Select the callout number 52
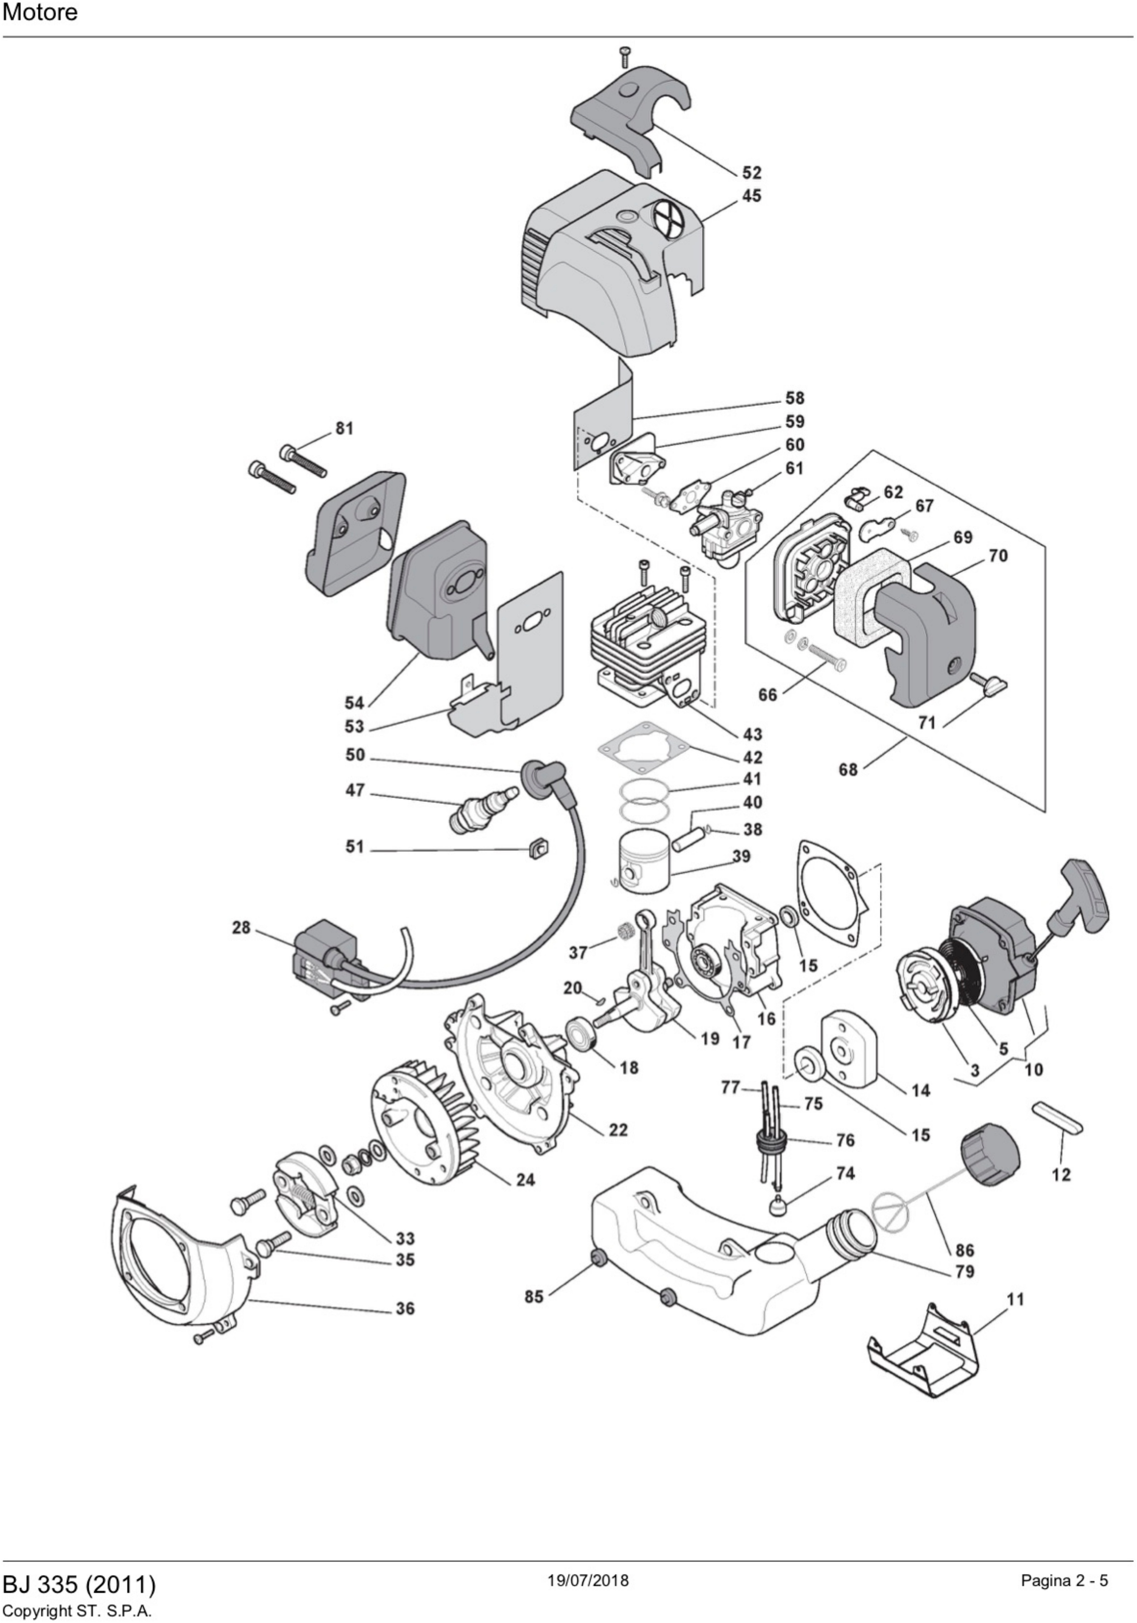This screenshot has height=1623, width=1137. click(x=751, y=173)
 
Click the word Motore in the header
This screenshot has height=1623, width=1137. click(x=40, y=13)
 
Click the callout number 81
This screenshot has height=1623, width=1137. click(x=344, y=428)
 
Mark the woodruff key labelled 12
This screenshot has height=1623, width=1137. click(x=1058, y=1118)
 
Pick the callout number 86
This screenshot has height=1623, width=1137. click(x=965, y=1250)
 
